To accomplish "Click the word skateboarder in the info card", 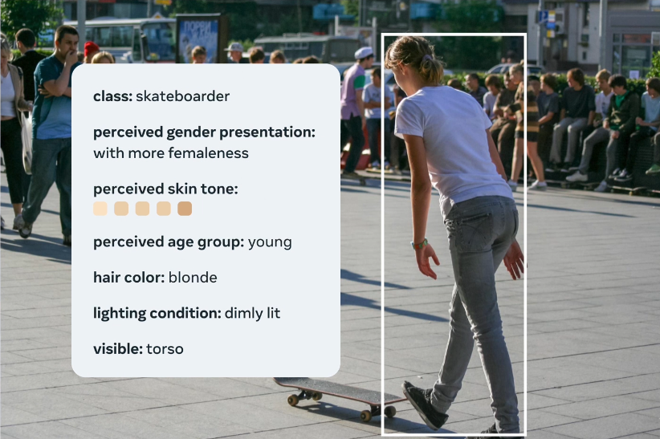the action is [x=182, y=96].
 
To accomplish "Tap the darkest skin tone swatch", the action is [x=185, y=209].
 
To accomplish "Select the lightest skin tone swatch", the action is [x=100, y=209].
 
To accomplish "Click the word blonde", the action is [x=193, y=278].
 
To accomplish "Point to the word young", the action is [x=270, y=242].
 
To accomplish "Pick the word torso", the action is [x=165, y=349].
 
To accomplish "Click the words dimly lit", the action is [x=252, y=313].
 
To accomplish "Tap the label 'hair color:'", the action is [x=128, y=278].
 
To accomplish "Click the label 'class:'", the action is [x=112, y=96].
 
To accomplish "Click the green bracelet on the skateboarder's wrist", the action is [x=419, y=243].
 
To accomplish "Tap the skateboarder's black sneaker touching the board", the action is [x=423, y=405].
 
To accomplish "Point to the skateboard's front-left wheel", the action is [x=293, y=400].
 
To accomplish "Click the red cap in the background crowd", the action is [x=91, y=48].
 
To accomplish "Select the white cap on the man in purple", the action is [x=363, y=53].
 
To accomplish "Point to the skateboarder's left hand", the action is [x=427, y=262].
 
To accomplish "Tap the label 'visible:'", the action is [x=118, y=349].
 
